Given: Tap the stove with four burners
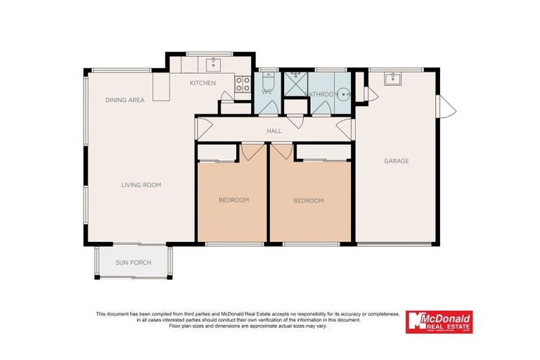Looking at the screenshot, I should [x=242, y=84].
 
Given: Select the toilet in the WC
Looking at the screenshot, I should [x=267, y=77].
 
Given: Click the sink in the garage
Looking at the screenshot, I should [x=391, y=78].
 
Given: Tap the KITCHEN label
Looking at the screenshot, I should [x=202, y=83].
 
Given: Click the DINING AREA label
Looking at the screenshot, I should [x=125, y=100].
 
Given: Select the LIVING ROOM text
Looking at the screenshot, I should [x=141, y=185].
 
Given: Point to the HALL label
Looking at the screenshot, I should [x=274, y=131].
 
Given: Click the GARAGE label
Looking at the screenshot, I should [x=396, y=161].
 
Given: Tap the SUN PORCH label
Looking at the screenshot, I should [x=132, y=263].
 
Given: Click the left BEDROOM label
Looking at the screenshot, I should [x=233, y=200].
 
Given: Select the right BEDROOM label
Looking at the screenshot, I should [x=308, y=200].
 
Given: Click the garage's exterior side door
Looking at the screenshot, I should [x=444, y=108].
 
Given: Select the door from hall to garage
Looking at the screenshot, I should [x=345, y=128].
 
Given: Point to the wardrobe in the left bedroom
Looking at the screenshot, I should [x=215, y=153].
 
